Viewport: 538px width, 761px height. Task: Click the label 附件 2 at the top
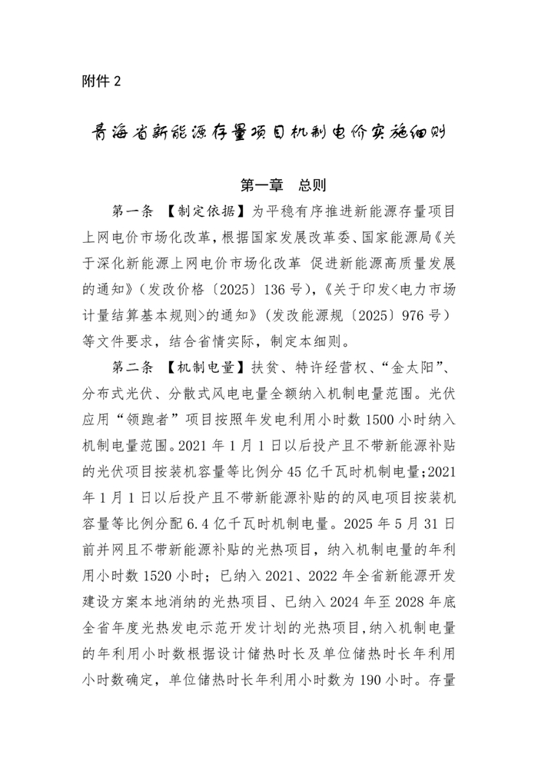[x=101, y=83]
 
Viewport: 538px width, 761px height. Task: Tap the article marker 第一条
[x=134, y=210]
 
